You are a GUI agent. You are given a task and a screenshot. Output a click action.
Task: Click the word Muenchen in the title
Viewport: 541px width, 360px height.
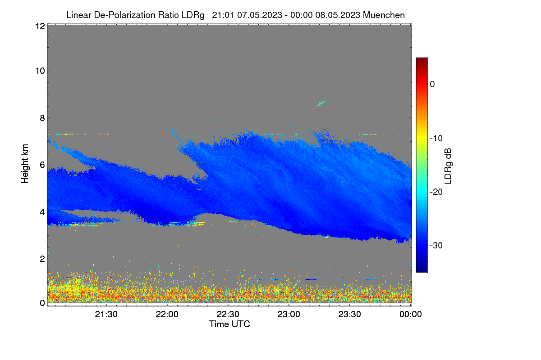click(384, 15)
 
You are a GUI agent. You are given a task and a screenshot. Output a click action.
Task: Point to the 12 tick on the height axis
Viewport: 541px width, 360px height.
click(40, 26)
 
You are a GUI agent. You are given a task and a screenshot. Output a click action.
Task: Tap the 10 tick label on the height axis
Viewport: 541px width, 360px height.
click(40, 71)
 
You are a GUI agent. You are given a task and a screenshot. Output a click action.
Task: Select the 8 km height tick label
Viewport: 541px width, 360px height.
click(42, 118)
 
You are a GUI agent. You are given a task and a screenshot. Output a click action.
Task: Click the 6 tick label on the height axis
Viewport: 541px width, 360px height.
click(42, 165)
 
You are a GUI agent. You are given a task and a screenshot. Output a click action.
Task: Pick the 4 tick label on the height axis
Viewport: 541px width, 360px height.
click(42, 212)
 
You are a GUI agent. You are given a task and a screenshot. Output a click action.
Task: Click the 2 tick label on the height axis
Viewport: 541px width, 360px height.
click(42, 259)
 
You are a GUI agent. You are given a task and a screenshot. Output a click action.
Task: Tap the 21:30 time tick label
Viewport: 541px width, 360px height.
click(106, 314)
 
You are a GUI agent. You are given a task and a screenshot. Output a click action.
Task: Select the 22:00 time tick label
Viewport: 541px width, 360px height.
click(167, 314)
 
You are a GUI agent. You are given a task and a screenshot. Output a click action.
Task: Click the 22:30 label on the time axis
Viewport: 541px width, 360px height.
click(228, 314)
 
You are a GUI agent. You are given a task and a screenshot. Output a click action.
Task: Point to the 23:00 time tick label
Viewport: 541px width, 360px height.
click(289, 314)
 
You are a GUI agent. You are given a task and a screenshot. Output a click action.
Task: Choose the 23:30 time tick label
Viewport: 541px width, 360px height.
click(349, 314)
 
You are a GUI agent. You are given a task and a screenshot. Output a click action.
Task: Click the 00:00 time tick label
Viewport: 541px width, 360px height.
click(411, 314)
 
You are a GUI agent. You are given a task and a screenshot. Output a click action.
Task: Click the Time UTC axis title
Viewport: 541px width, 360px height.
click(229, 324)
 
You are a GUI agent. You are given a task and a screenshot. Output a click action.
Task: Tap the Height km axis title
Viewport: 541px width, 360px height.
click(25, 164)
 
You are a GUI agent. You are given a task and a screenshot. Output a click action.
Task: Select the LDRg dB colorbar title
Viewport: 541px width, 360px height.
click(448, 166)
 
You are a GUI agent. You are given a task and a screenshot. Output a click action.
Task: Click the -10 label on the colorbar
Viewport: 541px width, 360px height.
click(436, 139)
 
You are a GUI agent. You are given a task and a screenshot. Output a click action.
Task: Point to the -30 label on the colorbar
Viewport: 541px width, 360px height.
click(436, 245)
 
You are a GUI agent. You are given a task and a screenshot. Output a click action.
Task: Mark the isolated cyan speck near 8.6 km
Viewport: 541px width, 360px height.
click(321, 103)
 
